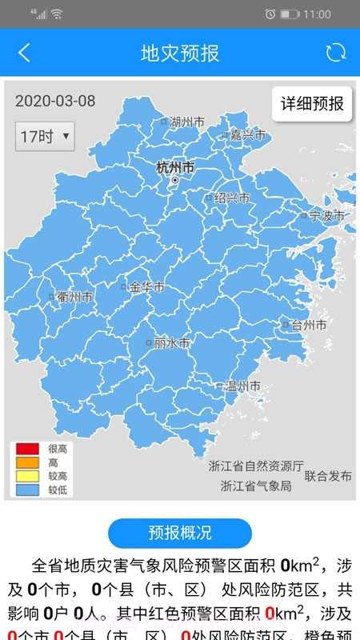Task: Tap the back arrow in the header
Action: (x=24, y=53)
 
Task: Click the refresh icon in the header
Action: (x=335, y=53)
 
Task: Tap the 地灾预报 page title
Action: (x=180, y=54)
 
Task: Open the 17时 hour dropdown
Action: (x=45, y=136)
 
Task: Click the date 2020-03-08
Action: (x=55, y=101)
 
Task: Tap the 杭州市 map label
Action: (x=175, y=168)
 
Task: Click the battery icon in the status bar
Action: (x=289, y=14)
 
